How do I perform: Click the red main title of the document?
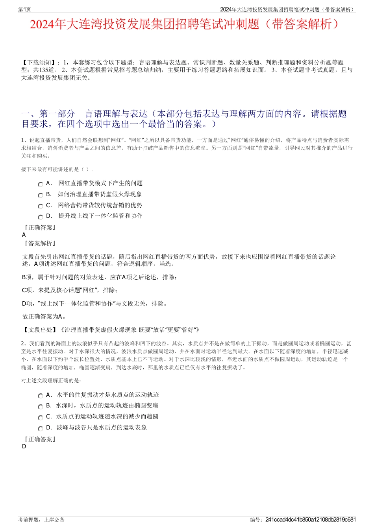(184, 24)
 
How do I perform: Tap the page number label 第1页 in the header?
(24, 9)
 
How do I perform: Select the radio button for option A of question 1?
(40, 184)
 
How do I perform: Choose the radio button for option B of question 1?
(40, 195)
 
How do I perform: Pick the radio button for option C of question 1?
(40, 206)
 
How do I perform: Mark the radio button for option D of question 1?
(40, 217)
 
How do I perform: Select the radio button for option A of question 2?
(40, 396)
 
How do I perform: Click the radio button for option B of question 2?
(40, 406)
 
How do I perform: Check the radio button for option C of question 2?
(40, 417)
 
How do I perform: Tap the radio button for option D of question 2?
(40, 428)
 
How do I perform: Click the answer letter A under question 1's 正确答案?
(24, 235)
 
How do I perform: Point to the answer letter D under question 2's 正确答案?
(24, 446)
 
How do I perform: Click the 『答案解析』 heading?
(40, 243)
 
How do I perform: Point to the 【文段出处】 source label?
(40, 330)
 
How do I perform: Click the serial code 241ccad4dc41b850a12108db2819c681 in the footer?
(311, 520)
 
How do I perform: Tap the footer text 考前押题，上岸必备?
(41, 520)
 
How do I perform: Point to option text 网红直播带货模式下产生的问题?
(100, 183)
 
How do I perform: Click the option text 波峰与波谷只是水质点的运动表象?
(102, 428)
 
